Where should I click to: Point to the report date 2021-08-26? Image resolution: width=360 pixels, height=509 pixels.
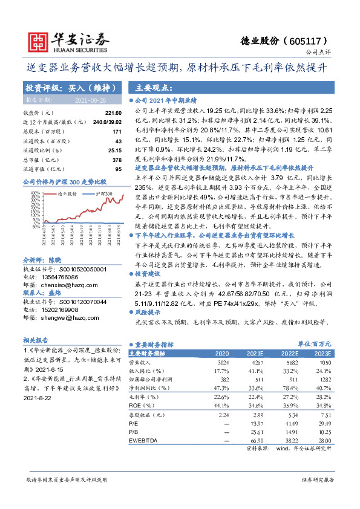90,100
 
